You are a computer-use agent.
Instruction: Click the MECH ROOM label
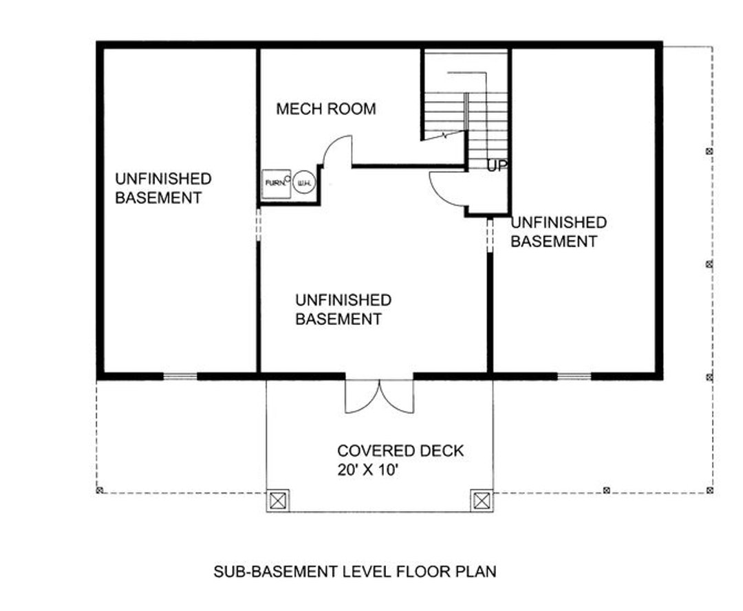click(325, 109)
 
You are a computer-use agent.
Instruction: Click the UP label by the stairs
click(497, 166)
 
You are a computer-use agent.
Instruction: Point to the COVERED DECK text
click(400, 451)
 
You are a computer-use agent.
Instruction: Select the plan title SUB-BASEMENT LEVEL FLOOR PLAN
click(354, 571)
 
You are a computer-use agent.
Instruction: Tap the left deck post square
click(277, 500)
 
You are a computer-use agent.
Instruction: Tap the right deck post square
click(482, 500)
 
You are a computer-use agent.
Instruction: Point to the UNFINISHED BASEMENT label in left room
click(163, 188)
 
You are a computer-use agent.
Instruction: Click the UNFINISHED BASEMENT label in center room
click(343, 310)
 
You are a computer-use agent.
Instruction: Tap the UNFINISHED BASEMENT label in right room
click(558, 232)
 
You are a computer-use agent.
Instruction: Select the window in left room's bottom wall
click(180, 376)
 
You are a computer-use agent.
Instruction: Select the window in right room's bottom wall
click(574, 376)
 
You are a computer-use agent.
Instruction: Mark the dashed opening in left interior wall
click(258, 224)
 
